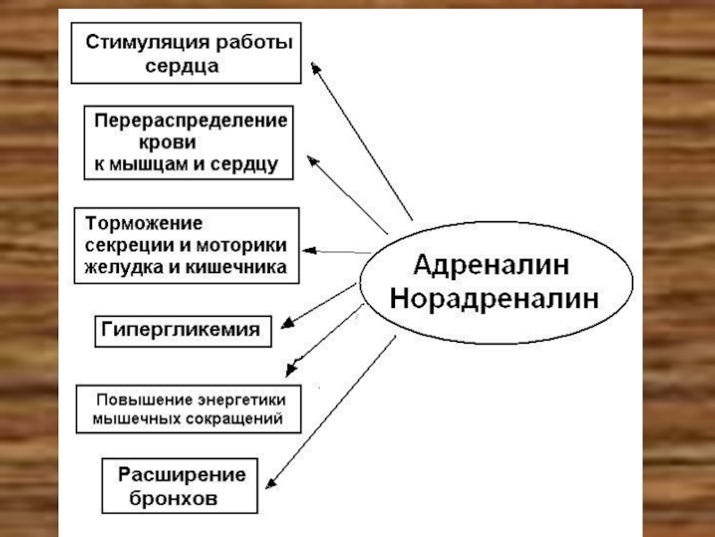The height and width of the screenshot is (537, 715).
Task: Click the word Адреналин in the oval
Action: pyautogui.click(x=492, y=266)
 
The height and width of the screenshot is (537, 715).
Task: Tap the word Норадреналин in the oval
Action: pyautogui.click(x=494, y=299)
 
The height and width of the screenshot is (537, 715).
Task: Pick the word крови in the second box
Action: pyautogui.click(x=169, y=142)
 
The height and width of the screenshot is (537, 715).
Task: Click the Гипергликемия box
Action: pyautogui.click(x=182, y=329)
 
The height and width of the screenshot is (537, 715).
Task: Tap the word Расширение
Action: pyautogui.click(x=182, y=475)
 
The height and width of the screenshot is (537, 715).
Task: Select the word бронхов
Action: pyautogui.click(x=173, y=499)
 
